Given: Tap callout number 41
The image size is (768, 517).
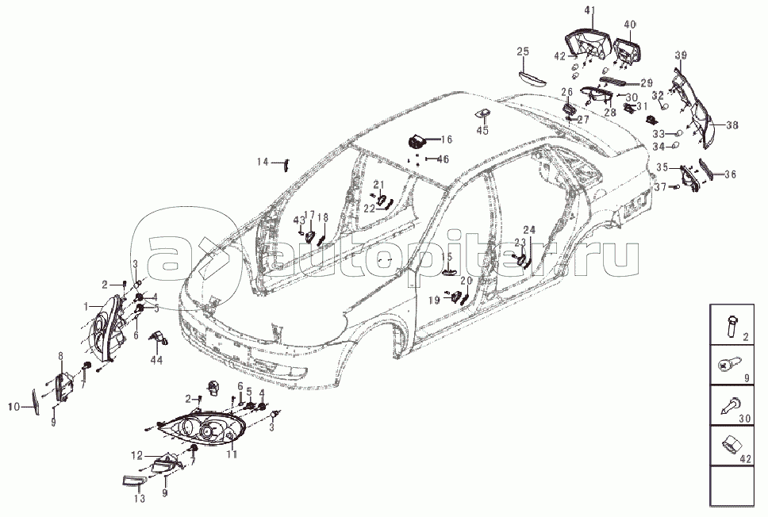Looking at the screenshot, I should (588, 10).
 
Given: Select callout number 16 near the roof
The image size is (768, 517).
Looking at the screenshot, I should (447, 140).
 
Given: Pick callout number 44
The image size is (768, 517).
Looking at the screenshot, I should (156, 359).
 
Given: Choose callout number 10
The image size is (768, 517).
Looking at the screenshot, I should (13, 407).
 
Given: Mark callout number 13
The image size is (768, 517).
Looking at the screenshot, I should (139, 500).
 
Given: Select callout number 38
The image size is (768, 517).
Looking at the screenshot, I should (731, 125).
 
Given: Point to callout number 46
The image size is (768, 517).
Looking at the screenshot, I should (443, 159).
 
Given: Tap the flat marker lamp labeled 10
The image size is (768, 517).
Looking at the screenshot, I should (36, 400).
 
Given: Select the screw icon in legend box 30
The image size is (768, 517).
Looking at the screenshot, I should (730, 407).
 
